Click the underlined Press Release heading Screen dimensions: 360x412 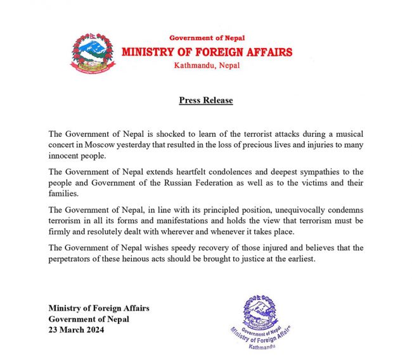tap(206, 100)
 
